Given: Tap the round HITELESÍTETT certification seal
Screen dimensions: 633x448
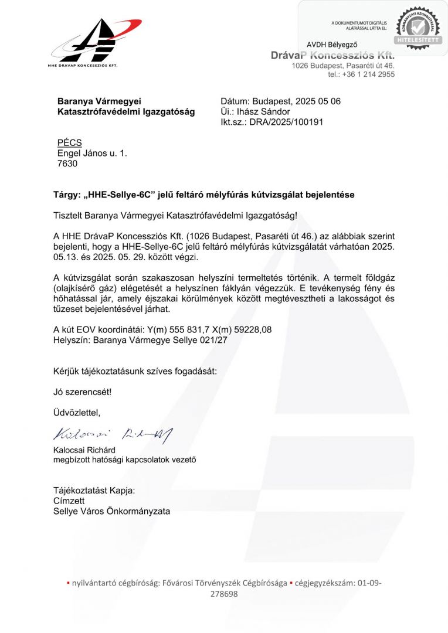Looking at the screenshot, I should coord(418,26).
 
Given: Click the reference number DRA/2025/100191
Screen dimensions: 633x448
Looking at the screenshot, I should coord(286,122).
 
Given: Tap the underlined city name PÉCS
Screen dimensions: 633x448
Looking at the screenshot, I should coord(69,143).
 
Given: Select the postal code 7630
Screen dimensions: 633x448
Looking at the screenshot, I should coord(67,164).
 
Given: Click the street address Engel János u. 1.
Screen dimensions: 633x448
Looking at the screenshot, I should coord(91,154).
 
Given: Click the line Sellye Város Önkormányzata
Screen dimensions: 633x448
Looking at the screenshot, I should coord(111,511).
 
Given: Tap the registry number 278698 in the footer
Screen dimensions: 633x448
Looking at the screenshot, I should coord(224,594).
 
